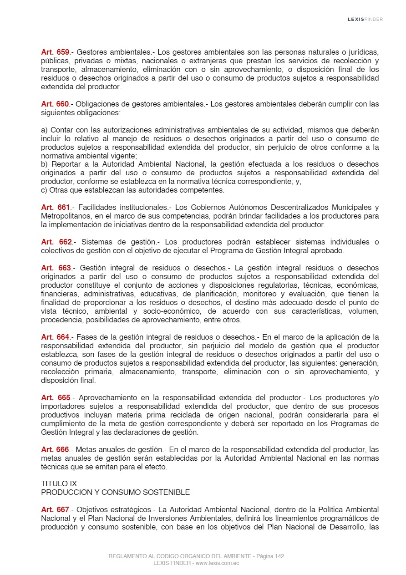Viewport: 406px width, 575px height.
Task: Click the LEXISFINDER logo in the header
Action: [x=365, y=19]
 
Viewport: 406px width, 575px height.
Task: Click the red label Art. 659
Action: [x=55, y=52]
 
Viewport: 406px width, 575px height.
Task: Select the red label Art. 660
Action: [x=55, y=104]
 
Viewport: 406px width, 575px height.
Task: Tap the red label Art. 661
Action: [x=56, y=208]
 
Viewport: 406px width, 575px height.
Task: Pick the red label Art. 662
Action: [x=56, y=242]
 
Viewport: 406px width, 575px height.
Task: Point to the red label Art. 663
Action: [x=56, y=268]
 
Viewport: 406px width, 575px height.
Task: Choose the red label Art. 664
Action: [x=55, y=337]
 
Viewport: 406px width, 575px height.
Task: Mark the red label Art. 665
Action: [x=56, y=397]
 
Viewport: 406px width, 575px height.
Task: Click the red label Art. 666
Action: [x=55, y=449]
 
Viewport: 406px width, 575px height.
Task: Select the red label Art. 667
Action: [x=55, y=509]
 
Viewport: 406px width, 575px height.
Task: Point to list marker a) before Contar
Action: [x=45, y=130]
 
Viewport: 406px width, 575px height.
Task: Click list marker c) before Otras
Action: [x=44, y=190]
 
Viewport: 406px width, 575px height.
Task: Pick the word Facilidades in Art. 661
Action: [x=97, y=208]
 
